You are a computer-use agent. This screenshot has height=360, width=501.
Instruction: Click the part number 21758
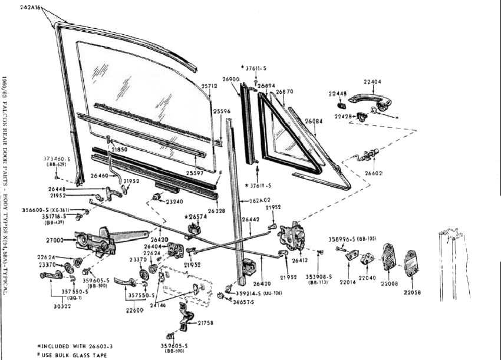(x=207, y=323)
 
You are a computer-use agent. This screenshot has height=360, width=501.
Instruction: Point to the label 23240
(x=174, y=202)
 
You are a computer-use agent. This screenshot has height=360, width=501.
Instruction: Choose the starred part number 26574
(x=196, y=217)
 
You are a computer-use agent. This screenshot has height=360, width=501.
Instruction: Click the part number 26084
(x=313, y=122)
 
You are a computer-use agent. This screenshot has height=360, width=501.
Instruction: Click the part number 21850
(x=120, y=150)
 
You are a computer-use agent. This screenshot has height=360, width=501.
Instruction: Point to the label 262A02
(x=259, y=200)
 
